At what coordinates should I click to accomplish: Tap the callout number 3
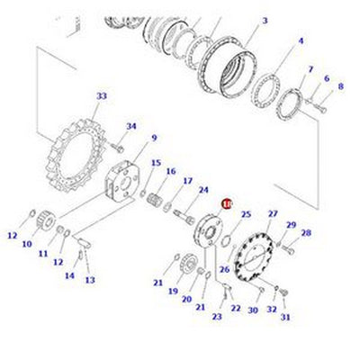(x=265, y=21)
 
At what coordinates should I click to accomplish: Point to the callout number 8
(x=340, y=86)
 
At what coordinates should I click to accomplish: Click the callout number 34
(x=131, y=127)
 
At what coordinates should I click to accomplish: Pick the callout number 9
(x=154, y=138)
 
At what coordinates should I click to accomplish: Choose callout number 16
(x=171, y=172)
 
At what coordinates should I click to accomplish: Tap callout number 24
(x=203, y=190)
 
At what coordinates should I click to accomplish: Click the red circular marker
(x=227, y=205)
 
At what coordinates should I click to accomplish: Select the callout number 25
(x=245, y=213)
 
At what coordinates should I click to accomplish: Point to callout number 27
(x=273, y=213)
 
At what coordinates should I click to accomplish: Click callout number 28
(x=306, y=233)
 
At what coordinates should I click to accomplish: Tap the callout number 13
(x=90, y=280)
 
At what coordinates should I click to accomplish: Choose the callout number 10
(x=27, y=243)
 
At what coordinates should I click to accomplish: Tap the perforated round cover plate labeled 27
(x=255, y=260)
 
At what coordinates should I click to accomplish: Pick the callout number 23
(x=217, y=316)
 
